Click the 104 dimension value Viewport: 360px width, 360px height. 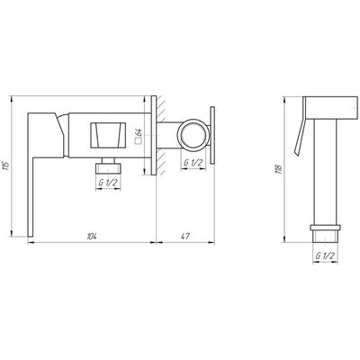[x=92, y=236]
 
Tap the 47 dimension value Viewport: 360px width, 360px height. [x=185, y=236]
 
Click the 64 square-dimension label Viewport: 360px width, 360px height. [x=139, y=132]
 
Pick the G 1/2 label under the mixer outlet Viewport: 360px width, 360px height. [x=108, y=183]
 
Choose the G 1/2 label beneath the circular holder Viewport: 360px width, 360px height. [x=193, y=163]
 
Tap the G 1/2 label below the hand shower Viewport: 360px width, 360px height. [x=325, y=256]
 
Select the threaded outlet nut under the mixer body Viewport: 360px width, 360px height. [x=108, y=166]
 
